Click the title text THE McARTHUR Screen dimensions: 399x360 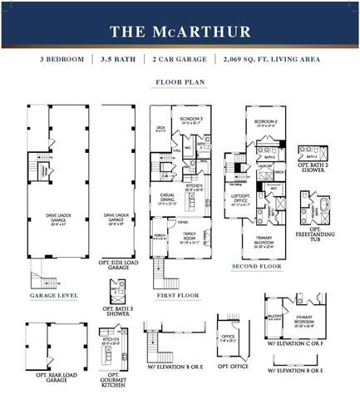(x=180, y=32)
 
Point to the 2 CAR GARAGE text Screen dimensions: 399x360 (x=179, y=61)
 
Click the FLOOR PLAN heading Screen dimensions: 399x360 (x=180, y=83)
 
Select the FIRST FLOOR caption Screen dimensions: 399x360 (x=177, y=295)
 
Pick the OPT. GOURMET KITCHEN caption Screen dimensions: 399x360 (x=114, y=382)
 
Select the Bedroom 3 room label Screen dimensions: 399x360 (x=190, y=121)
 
